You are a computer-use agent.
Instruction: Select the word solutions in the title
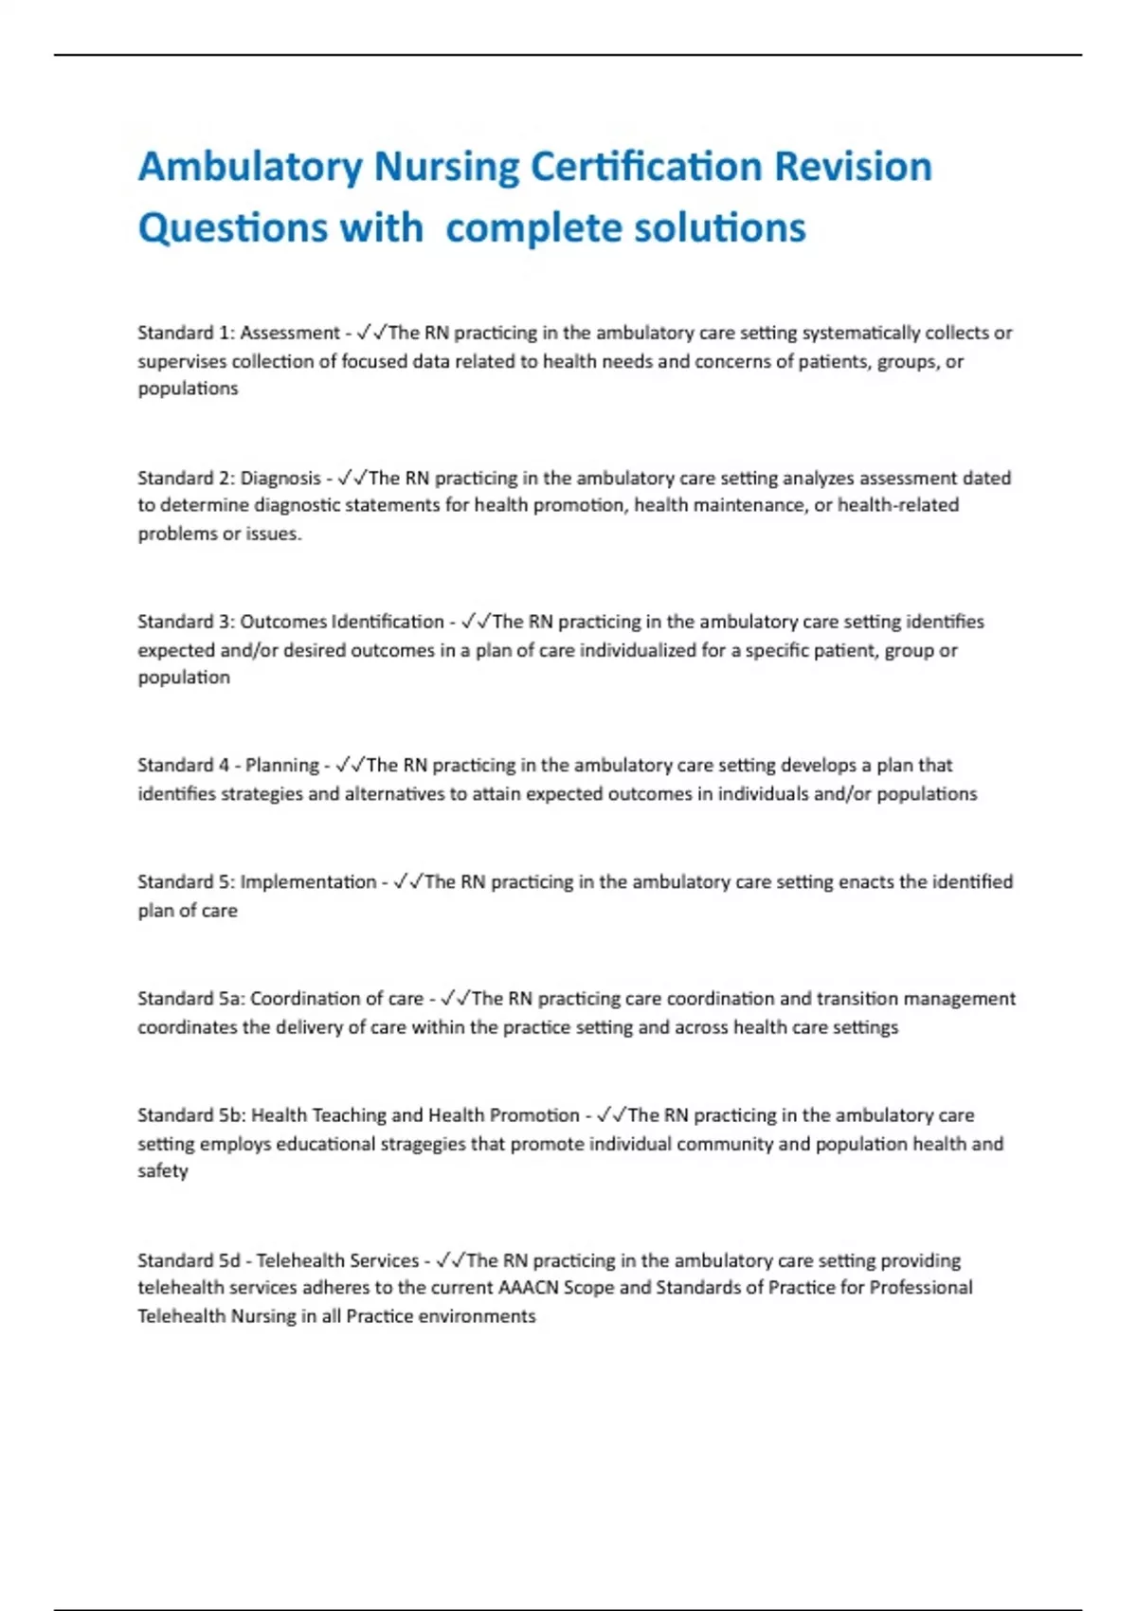[719, 227]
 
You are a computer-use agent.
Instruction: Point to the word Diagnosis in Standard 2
[280, 478]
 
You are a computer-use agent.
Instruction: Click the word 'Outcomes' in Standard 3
[283, 622]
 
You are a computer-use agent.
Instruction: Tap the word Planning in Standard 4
[282, 765]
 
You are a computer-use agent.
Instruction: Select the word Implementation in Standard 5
[308, 881]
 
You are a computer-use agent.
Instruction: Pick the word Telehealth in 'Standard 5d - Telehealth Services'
[296, 1260]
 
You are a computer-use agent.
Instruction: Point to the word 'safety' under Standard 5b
[163, 1171]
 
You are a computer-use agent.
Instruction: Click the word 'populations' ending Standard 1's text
[188, 389]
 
